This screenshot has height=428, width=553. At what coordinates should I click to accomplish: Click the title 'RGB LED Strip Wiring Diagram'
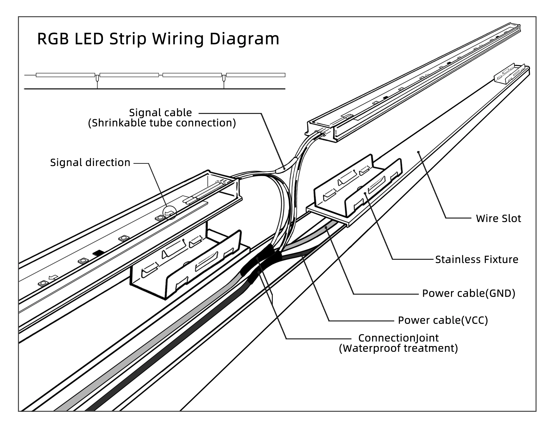pos(158,39)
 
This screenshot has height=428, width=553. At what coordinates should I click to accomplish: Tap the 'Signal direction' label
pos(90,163)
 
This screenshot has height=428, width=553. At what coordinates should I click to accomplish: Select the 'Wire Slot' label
pos(498,219)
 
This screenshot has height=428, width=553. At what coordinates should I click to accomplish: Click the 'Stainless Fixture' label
pos(477,260)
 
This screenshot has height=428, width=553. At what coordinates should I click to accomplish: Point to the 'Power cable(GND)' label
pos(469,293)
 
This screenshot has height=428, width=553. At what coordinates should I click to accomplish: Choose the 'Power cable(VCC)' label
pos(443,320)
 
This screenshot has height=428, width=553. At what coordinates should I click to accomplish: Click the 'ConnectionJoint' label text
pos(398,338)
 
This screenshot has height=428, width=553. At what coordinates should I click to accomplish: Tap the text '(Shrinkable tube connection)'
pos(162,123)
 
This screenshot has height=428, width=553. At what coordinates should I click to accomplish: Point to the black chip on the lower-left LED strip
pos(98,252)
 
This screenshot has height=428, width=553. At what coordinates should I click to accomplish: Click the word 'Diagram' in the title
pos(245,39)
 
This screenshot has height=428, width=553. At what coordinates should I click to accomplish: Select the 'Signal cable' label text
pos(160,112)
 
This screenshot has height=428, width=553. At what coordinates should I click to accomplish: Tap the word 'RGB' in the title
pos(53,39)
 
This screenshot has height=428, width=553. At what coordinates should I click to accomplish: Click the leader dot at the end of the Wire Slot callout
pos(418,152)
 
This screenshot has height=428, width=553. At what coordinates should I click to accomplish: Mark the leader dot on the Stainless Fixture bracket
pos(365,193)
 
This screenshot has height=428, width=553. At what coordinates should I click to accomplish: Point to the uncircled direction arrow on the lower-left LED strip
pos(53,277)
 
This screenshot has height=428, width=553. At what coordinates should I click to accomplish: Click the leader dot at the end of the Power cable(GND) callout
pos(326,228)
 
